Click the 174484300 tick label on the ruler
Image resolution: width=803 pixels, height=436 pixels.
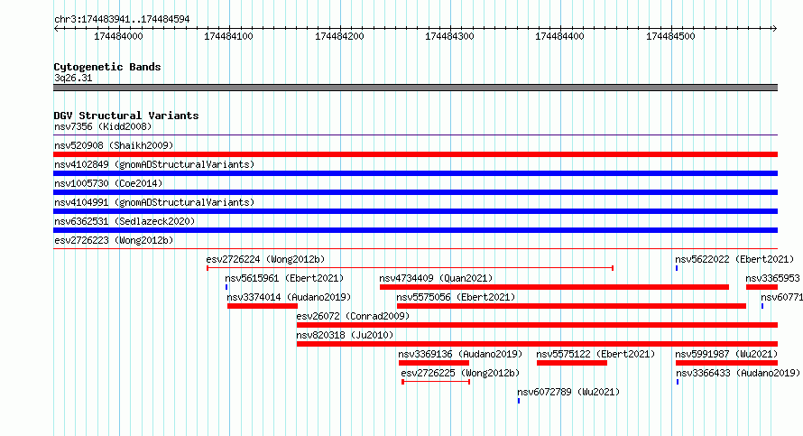click(x=449, y=36)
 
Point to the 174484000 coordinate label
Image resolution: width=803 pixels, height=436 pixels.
click(x=118, y=36)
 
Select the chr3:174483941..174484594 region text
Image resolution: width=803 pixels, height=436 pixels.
click(x=122, y=20)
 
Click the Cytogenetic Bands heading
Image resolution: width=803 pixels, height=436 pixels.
click(x=107, y=67)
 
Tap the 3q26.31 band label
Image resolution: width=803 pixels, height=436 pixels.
click(x=73, y=78)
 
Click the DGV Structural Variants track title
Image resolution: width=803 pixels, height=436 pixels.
click(x=126, y=116)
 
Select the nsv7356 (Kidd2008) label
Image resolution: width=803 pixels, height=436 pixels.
click(x=103, y=126)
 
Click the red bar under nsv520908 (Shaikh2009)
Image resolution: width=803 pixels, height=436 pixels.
click(x=415, y=154)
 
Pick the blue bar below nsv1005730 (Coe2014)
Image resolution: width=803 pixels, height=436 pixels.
click(x=415, y=192)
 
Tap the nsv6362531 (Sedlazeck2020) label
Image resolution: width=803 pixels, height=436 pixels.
click(x=125, y=221)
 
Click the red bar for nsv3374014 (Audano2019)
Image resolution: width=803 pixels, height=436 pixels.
click(x=263, y=306)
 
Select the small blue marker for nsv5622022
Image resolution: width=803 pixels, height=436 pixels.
click(x=677, y=268)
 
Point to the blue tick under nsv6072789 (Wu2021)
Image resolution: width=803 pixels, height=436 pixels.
click(x=519, y=401)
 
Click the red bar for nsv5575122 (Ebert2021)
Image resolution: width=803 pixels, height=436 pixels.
click(x=571, y=363)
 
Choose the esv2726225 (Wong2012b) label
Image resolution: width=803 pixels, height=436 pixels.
click(x=460, y=373)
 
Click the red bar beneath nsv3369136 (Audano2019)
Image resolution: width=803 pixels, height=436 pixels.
click(x=434, y=363)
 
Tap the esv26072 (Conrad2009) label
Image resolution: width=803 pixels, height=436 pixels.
click(x=353, y=316)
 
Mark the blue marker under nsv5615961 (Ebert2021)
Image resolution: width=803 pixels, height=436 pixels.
click(x=226, y=287)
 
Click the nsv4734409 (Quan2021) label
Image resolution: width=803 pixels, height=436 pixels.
click(x=436, y=278)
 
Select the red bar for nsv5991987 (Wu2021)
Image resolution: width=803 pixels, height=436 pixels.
click(x=726, y=363)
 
